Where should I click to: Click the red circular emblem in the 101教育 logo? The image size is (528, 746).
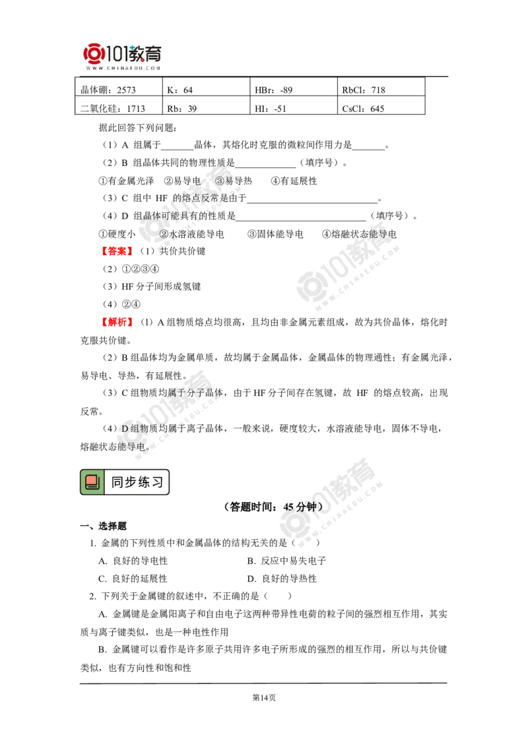click(94, 55)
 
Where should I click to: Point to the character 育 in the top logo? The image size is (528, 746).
click(155, 53)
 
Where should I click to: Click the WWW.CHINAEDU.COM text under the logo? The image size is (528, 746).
click(123, 68)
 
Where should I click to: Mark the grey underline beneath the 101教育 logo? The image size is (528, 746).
click(123, 78)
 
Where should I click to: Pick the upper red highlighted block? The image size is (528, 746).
click(118, 251)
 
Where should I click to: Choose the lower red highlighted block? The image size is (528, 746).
click(117, 322)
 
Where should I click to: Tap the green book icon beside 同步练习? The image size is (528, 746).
click(92, 482)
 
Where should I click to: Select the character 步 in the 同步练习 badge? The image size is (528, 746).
click(131, 482)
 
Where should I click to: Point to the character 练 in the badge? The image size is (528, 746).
click(144, 482)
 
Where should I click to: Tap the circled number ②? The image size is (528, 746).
click(165, 233)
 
